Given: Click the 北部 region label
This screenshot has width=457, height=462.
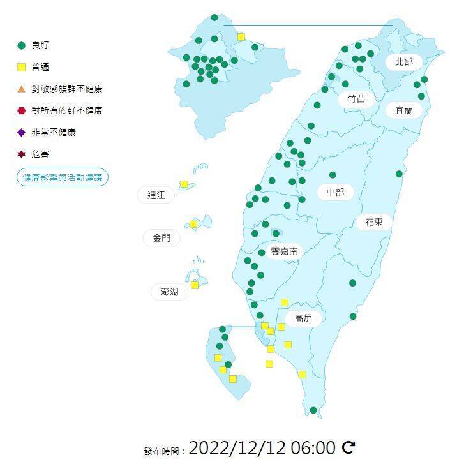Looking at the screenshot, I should click(404, 62).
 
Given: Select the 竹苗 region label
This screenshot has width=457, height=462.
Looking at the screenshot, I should click(357, 99).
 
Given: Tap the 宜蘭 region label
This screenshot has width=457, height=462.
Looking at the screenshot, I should click(404, 110).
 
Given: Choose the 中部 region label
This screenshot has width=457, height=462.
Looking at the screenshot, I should click(335, 191).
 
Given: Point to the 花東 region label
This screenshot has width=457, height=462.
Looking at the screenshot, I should click(374, 222).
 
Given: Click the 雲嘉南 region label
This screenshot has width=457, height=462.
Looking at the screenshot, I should click(284, 251).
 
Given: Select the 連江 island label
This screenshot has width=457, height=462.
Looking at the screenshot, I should click(156, 195).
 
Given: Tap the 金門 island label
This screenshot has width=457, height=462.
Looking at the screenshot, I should click(161, 238).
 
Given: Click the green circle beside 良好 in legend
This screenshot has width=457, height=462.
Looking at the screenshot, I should click(21, 45).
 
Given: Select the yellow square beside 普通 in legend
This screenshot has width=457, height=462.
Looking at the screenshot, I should click(21, 67).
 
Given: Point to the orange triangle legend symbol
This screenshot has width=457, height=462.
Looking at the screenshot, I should click(21, 89).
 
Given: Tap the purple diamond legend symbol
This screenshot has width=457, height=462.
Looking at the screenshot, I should click(21, 132).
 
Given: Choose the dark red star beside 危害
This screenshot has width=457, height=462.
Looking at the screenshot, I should click(21, 154).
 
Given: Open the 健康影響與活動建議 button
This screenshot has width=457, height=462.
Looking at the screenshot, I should click(63, 177).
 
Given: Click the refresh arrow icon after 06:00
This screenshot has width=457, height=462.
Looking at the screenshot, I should click(348, 447).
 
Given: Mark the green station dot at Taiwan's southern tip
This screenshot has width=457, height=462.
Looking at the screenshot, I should click(313, 410).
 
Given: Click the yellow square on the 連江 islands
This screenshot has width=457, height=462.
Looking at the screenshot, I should click(184, 184).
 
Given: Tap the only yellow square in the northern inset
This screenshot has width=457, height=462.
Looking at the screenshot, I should click(241, 36).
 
